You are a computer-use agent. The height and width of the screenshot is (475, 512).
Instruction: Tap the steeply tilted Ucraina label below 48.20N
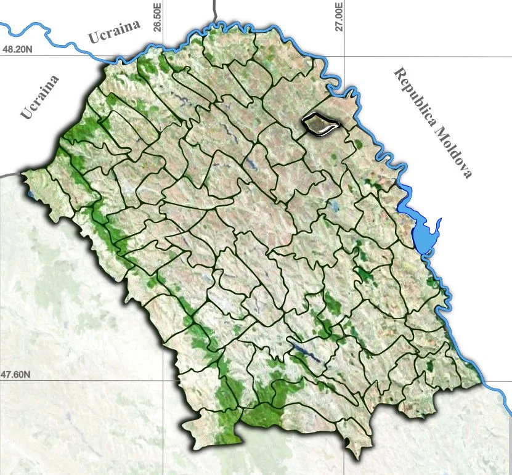coord(40,97)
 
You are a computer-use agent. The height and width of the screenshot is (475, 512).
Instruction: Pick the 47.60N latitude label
coord(15,374)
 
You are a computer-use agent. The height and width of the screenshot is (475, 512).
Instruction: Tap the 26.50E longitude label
coord(158,17)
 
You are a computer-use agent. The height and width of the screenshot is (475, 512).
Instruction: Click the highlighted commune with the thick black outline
coord(321,124)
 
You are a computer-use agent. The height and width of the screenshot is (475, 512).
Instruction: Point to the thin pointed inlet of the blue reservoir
coord(439,222)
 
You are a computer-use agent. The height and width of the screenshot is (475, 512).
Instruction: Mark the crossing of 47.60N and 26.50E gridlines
coord(163,380)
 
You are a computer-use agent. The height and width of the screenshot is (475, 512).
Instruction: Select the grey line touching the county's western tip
coord(9,174)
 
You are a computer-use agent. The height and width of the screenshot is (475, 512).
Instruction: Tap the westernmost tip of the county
coord(23,174)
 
